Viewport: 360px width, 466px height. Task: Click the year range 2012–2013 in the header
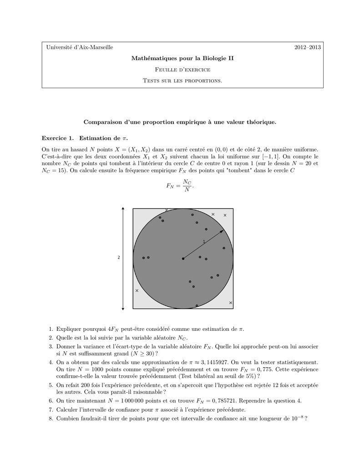[308, 47]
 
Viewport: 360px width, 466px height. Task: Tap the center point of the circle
[183, 258]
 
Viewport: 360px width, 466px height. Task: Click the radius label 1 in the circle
[204, 241]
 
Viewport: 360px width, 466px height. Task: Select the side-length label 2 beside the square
[119, 258]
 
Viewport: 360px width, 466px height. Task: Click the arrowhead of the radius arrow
[223, 231]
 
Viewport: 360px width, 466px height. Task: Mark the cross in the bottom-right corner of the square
[230, 303]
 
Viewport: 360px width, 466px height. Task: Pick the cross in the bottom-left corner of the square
[137, 290]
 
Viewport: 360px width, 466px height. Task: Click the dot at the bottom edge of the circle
[197, 306]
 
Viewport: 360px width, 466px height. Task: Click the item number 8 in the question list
[51, 418]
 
